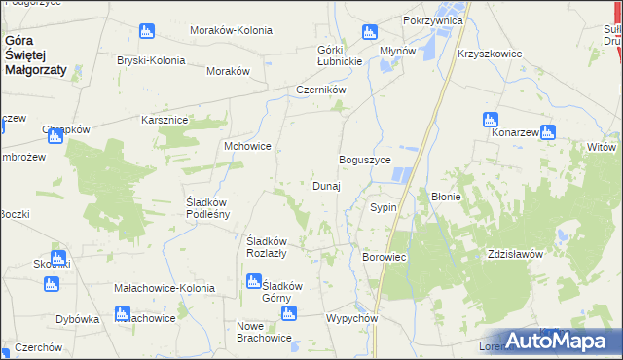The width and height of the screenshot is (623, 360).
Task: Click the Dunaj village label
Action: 326,186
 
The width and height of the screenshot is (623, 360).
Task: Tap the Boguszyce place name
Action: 364,160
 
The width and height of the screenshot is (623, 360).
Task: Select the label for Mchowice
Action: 247,146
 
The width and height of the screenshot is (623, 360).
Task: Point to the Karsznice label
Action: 165,119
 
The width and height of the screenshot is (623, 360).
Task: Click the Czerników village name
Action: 321,90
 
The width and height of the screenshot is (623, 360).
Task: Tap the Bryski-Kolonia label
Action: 151,60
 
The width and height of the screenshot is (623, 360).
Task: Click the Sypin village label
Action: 382,208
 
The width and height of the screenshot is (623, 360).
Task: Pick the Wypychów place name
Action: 351,319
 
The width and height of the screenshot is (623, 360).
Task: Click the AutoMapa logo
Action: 552,342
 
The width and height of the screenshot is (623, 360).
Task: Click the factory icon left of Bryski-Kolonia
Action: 146,32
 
